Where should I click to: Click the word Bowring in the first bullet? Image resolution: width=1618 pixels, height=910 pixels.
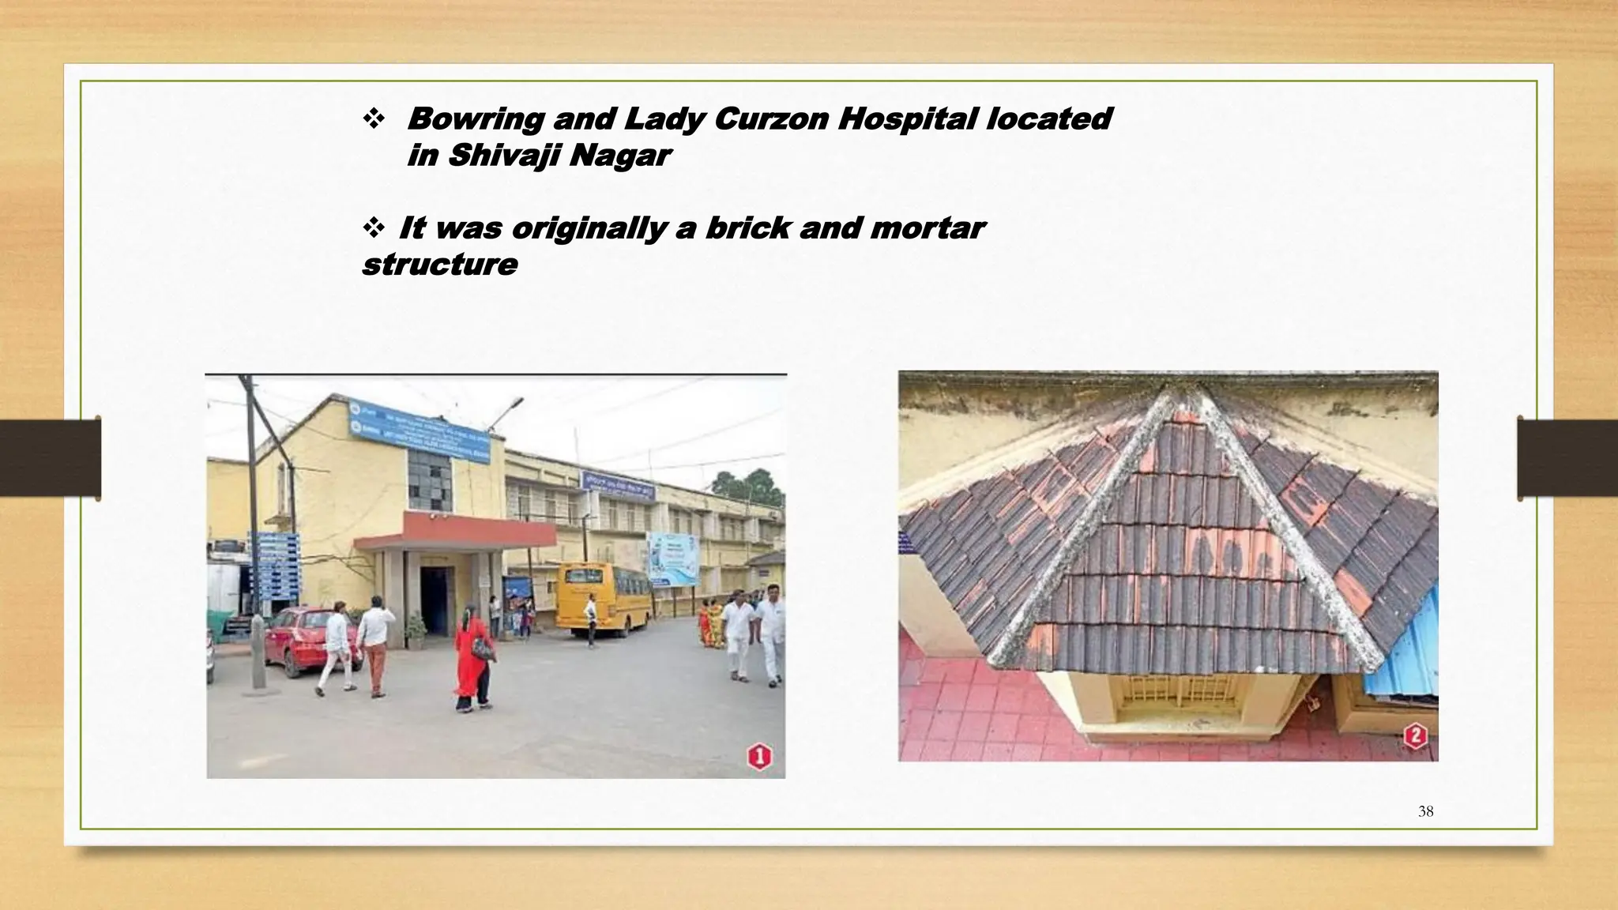[x=475, y=119]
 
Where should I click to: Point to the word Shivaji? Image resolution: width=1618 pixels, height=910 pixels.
[x=503, y=156]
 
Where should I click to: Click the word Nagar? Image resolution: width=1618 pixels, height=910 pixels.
[x=620, y=156]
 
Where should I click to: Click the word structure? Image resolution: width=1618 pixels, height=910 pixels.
[x=439, y=265]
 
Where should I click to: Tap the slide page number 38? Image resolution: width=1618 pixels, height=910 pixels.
[x=1425, y=811]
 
